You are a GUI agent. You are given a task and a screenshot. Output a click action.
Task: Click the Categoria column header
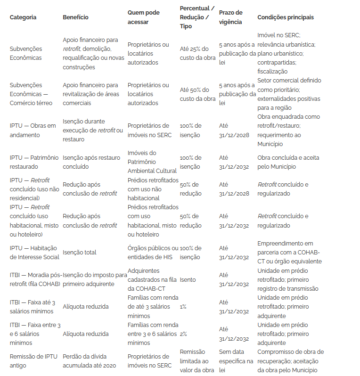click(23, 17)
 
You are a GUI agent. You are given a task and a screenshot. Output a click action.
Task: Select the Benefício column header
click(75, 17)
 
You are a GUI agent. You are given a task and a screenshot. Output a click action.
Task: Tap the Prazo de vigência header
click(231, 17)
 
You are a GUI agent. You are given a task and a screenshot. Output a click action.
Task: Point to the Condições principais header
click(286, 17)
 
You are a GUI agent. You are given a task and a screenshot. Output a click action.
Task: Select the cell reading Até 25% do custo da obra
click(197, 53)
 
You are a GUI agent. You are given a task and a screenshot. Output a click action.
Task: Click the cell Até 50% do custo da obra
click(197, 94)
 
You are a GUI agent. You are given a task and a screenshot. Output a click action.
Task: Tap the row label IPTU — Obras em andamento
click(33, 131)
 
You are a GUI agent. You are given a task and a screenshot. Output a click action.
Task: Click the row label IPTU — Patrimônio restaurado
click(34, 162)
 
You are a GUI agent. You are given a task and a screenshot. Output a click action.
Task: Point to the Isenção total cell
click(80, 253)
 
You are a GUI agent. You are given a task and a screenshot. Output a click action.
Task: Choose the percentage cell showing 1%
click(183, 307)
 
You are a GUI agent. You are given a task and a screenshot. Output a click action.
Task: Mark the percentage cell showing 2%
click(183, 334)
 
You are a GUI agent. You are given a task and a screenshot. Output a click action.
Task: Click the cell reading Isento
click(188, 279)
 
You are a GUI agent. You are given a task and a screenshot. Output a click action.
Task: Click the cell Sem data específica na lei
click(236, 361)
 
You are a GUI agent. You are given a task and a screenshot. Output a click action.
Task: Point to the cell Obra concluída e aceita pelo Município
click(283, 162)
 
